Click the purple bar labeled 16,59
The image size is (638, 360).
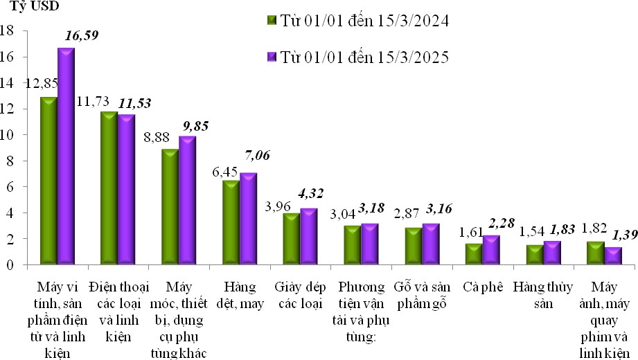coord(66,156)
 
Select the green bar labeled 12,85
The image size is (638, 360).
coord(48,181)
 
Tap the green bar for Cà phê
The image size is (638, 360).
coord(474,253)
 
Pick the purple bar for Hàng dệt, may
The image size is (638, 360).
coord(248,219)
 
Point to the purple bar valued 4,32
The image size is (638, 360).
coord(309,236)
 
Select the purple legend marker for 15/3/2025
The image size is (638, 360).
coord(272,57)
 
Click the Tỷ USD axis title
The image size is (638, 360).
coord(34,8)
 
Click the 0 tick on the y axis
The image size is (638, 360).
coord(10,264)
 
